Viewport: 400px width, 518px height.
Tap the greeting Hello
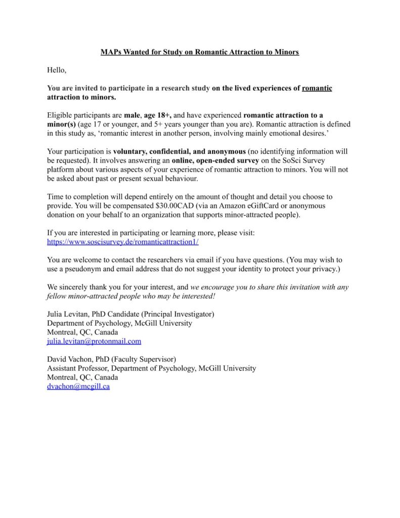tap(57, 70)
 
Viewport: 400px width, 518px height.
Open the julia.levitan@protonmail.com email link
tap(94, 341)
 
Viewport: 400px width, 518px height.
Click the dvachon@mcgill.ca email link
tap(78, 386)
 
